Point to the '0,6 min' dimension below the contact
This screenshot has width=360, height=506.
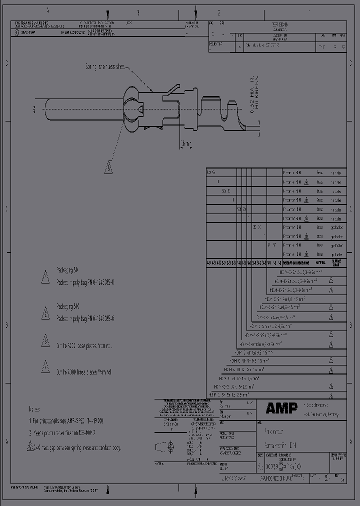(186, 144)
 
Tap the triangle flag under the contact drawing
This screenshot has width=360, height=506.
(108, 167)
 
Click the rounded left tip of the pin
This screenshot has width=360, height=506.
(46, 109)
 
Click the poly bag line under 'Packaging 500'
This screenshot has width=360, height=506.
(85, 318)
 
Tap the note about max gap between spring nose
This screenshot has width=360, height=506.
(80, 447)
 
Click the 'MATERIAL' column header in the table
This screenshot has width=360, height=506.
(320, 262)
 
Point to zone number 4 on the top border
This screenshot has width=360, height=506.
(48, 10)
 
